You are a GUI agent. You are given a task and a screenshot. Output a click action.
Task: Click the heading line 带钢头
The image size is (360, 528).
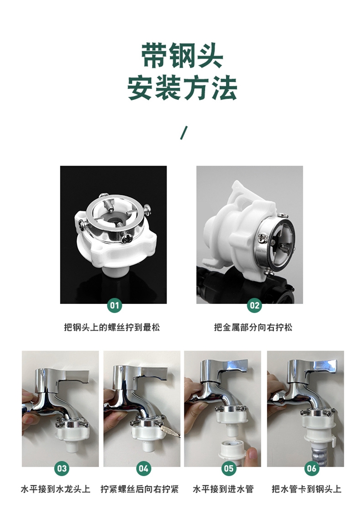coord(182,56)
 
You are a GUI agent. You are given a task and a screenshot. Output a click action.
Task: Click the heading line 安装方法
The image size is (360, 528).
coord(182,88)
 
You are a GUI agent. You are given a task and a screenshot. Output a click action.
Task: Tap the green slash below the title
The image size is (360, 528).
coord(183,132)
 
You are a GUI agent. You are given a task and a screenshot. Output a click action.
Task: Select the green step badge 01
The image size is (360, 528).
coord(115,305)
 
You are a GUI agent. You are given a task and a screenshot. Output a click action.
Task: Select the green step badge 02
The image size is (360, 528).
coord(254,305)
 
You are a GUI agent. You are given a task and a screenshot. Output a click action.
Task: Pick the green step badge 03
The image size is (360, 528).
coord(62,468)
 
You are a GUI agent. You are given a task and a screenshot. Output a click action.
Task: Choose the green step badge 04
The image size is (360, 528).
coord(144,468)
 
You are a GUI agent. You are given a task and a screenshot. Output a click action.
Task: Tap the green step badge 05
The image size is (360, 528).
coord(228,468)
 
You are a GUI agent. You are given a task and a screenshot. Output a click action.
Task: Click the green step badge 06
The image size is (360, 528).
coord(312,468)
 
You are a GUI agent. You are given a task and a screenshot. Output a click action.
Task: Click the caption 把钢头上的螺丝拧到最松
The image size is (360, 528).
coord(112,327)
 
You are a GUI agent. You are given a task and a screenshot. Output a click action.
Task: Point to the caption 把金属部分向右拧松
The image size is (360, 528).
coord(253,327)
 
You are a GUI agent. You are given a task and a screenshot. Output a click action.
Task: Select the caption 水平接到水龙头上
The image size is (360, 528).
coord(56,489)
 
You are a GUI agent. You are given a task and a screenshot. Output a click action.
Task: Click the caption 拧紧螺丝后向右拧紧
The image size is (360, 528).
coord(139,489)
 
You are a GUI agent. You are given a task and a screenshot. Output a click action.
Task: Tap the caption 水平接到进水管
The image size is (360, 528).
coord(223,489)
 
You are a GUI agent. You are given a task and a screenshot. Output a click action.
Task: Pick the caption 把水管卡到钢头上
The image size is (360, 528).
coord(306,489)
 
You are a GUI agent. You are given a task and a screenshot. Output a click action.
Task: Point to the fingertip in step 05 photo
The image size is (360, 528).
coord(252,453)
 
